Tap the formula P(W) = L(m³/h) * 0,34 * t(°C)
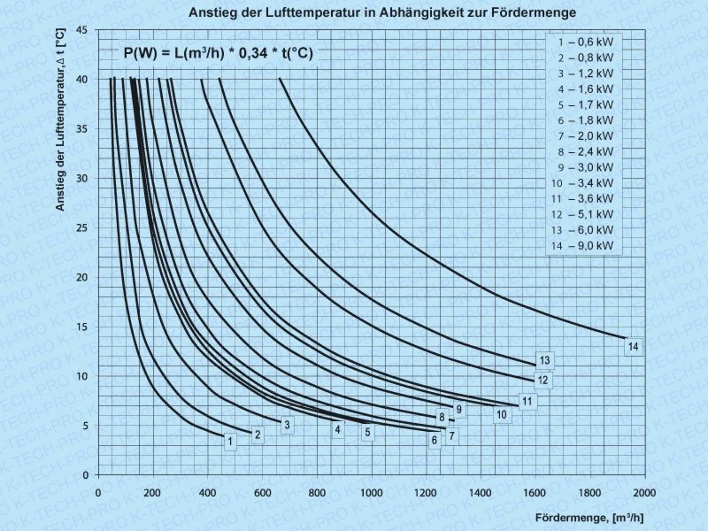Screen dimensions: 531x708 (218, 53)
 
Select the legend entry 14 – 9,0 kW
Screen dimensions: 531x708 (585, 245)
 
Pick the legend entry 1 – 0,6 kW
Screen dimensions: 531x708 (585, 42)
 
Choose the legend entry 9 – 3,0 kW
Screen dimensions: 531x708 (585, 167)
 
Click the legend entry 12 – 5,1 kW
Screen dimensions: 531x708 (585, 214)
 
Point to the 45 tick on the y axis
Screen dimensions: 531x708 (81, 30)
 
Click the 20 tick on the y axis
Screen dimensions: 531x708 (81, 277)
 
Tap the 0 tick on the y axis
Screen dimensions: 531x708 (84, 475)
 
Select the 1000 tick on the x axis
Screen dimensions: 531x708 (371, 491)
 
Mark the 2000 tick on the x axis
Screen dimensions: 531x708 (643, 491)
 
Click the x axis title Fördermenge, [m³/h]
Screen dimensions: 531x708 (589, 516)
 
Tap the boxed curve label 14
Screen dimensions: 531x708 (633, 347)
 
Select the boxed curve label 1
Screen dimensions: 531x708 (230, 441)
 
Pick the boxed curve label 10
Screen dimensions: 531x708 (501, 414)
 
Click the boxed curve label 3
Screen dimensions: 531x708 (287, 426)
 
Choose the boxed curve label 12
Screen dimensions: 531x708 (543, 381)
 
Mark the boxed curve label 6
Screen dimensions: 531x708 (435, 440)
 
